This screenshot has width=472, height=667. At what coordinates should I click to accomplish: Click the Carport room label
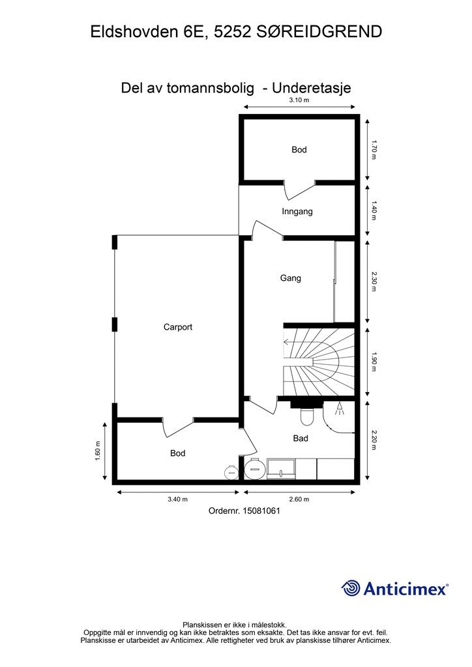point(178,327)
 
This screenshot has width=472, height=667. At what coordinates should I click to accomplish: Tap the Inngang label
point(297,212)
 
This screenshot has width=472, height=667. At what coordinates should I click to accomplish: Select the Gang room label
point(290,278)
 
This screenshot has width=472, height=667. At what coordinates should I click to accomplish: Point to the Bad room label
point(301,438)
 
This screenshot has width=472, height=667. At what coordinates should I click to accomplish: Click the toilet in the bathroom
point(306,416)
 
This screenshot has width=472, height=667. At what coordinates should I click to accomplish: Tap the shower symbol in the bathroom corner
point(339,409)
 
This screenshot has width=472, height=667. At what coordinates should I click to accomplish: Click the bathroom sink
point(281,469)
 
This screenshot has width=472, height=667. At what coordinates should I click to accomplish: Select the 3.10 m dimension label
point(299,100)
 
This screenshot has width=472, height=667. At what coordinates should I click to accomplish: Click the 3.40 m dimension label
point(177,500)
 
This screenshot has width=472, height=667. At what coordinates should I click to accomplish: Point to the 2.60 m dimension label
point(299,500)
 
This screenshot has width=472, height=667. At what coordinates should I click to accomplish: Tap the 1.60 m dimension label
point(98,451)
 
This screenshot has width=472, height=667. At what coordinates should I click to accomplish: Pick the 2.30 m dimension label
point(374,281)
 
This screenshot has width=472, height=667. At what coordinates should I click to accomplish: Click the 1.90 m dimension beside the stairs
point(374,362)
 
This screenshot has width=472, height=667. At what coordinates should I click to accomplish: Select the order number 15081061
point(261,511)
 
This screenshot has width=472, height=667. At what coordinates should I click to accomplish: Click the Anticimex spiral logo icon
point(351,588)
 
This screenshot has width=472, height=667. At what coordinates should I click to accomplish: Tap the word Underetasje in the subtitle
point(312,88)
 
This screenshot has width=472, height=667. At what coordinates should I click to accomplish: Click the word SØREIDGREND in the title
point(319,32)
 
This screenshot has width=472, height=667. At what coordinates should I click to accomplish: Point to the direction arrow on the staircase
point(299,341)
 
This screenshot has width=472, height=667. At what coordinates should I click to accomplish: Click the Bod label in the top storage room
point(299,150)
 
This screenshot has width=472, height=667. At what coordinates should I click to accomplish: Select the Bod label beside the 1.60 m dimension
point(177,453)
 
